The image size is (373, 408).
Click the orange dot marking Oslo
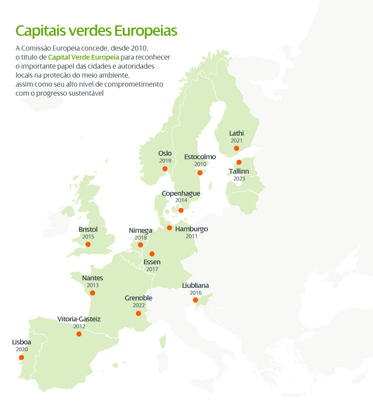click(165, 169)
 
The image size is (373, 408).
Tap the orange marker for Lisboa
click(21, 357)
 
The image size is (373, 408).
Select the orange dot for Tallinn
click(239, 162)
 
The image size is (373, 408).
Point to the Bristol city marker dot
click(88, 245)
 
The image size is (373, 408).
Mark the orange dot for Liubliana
click(195, 300)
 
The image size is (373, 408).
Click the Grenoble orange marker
click(138, 314)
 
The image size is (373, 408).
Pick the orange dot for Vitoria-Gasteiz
click(79, 334)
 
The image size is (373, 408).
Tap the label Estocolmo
click(200, 157)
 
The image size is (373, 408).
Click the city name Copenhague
click(181, 193)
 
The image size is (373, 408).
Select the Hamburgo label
click(191, 229)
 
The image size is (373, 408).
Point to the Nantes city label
click(92, 278)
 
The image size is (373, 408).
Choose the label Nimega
click(140, 230)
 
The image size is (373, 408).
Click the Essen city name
click(152, 262)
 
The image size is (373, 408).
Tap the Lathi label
click(236, 133)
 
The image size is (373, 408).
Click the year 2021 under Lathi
click(236, 141)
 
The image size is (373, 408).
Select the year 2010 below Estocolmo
click(200, 164)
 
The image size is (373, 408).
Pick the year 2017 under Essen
click(152, 269)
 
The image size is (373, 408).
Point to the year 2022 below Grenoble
click(138, 305)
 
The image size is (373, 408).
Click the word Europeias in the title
click(145, 31)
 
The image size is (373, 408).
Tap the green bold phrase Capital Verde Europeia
click(83, 58)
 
